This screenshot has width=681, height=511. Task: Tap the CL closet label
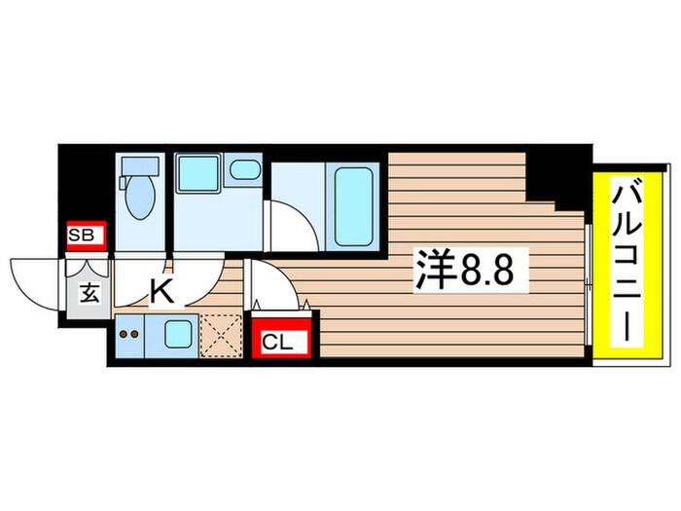click(x=278, y=342)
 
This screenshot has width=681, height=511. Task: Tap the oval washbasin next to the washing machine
click(x=246, y=173)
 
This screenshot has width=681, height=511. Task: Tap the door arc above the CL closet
click(x=275, y=288)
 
